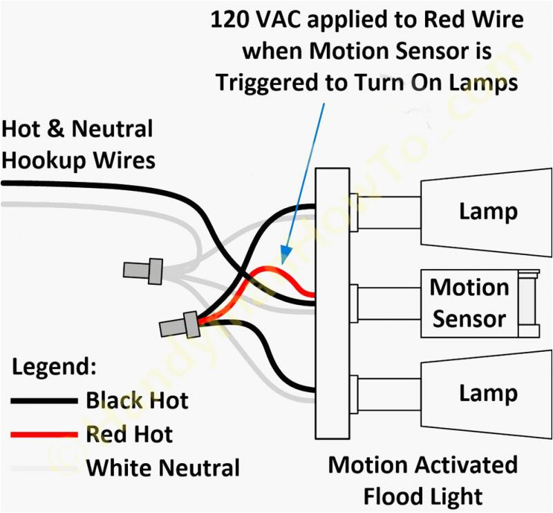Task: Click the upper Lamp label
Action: tap(488, 211)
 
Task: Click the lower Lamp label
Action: tap(488, 393)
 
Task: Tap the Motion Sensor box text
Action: tap(469, 303)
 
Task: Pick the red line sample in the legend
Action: tap(43, 435)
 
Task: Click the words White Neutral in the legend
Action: tap(162, 468)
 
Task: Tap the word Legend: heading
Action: tap(55, 366)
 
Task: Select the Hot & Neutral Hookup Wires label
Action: tap(78, 144)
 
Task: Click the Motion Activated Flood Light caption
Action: tap(423, 480)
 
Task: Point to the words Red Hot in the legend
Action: tap(129, 434)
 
